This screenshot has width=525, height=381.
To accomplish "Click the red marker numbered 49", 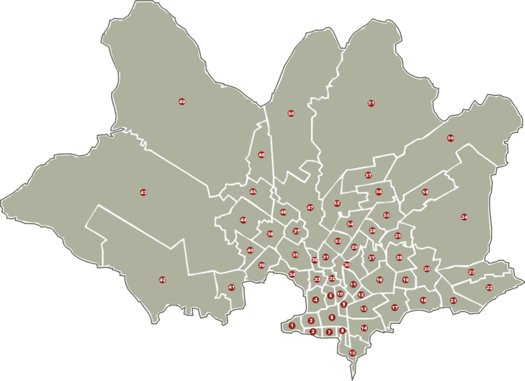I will point(182,102).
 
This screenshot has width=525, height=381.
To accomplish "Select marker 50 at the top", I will point(291,114).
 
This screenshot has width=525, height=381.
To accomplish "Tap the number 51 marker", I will point(371,103).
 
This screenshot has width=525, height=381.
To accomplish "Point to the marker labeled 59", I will point(450,138).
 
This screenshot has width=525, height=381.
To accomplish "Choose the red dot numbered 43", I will point(143,192).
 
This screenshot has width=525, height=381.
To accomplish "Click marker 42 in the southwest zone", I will point(163,280).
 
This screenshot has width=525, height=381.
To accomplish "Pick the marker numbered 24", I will point(464,217).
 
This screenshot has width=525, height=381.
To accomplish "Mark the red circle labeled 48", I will point(261,155).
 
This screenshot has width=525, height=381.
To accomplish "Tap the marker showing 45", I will point(253,192).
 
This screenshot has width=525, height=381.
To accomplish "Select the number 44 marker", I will point(243,220).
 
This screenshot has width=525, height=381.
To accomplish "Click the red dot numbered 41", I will point(231,288).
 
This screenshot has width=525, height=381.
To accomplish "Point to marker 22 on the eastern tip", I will point(490,287).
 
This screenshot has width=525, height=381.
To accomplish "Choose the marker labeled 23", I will point(471,272).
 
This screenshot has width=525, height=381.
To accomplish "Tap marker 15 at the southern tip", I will point(352,353).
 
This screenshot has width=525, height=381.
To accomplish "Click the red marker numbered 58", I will point(425,192).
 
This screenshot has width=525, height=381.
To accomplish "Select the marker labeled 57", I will point(369,175).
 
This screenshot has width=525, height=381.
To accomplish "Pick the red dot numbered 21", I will point(453,301).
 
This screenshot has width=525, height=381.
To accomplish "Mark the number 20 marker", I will point(427,269).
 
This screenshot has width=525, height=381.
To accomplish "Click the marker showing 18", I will point(423,300).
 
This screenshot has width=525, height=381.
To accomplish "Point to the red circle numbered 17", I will point(395,307).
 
